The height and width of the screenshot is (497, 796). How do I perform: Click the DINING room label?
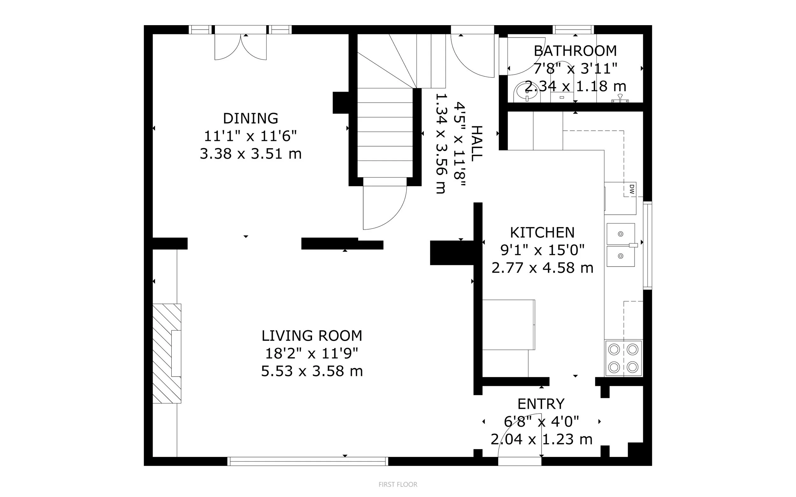(x=251, y=118)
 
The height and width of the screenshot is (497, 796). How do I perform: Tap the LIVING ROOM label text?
(x=312, y=336)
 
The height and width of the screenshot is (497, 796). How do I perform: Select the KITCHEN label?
(x=542, y=233)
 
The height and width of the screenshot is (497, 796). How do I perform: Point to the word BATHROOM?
(x=575, y=51)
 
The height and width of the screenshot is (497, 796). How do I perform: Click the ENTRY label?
(x=541, y=404)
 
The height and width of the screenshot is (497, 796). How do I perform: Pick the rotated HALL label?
(x=477, y=143)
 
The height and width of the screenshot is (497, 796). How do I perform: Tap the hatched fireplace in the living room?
(x=167, y=353)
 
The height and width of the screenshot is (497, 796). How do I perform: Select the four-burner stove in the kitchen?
(x=623, y=358)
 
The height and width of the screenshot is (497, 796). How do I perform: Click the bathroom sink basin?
(x=527, y=92)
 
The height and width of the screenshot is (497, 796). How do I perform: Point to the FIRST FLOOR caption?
(x=398, y=485)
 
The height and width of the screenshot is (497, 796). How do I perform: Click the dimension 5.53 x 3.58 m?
(x=312, y=371)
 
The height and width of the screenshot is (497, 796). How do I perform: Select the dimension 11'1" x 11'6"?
(x=251, y=136)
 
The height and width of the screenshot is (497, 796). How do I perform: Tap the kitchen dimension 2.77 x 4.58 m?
(x=542, y=268)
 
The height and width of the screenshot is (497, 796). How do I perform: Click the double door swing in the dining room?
(x=241, y=47)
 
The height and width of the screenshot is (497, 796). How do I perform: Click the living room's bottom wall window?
(x=308, y=461)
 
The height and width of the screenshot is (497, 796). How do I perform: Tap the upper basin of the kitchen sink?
(x=621, y=234)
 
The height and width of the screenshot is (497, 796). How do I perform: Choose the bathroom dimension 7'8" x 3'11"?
(x=575, y=69)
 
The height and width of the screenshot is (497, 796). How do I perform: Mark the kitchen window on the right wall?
(x=647, y=245)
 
